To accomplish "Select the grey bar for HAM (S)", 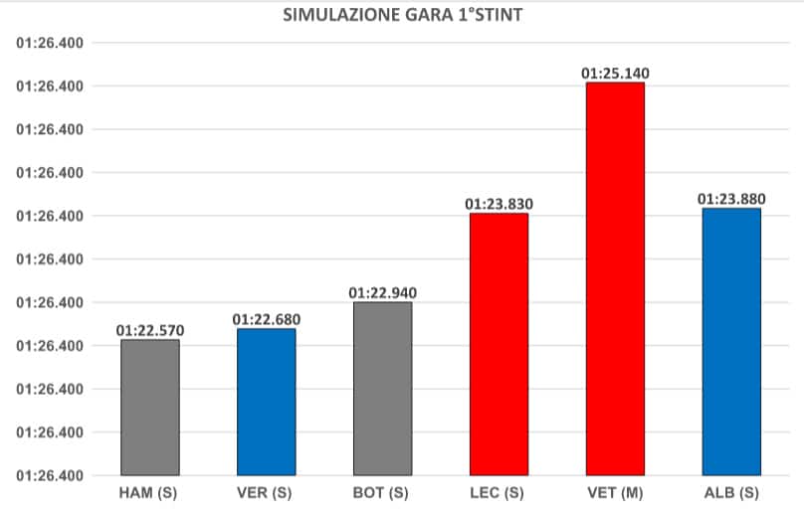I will [150, 408].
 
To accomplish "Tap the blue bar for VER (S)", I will [267, 402].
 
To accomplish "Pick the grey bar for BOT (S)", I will [383, 388].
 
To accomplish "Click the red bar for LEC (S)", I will [500, 344].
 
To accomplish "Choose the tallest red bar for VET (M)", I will [615, 278].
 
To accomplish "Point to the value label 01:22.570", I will [150, 330].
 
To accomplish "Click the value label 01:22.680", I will [267, 319].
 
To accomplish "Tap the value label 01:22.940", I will [383, 292].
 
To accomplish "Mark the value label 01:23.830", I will [500, 204].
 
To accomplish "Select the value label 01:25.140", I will [615, 73].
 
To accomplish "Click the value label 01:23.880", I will [731, 199].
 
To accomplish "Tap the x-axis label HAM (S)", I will [150, 492].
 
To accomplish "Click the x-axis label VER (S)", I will [267, 492].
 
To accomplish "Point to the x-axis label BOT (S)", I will [383, 492].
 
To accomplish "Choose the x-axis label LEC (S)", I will [499, 492].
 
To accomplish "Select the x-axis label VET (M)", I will [615, 492].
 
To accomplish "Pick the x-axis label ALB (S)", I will [731, 492].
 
